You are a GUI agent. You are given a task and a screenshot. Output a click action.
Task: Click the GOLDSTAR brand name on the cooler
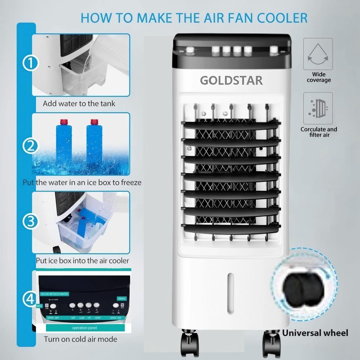tap(231, 81)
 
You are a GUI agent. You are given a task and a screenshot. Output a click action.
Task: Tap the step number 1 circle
tap(31, 64)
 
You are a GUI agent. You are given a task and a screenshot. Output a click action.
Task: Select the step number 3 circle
tap(31, 221)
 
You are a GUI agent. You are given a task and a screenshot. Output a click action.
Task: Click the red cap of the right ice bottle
tap(94, 122)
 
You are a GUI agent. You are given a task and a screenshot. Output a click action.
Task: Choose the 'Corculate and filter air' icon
tap(318, 107)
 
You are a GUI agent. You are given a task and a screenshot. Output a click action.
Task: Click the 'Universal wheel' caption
tap(315, 333)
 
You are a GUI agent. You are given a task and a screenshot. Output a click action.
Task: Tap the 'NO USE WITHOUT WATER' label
tap(54, 294)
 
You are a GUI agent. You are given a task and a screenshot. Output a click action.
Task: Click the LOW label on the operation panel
tap(81, 317)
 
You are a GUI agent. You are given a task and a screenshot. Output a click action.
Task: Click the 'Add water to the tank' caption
tap(79, 104)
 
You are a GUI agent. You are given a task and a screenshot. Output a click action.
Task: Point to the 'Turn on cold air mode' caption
tap(80, 339)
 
